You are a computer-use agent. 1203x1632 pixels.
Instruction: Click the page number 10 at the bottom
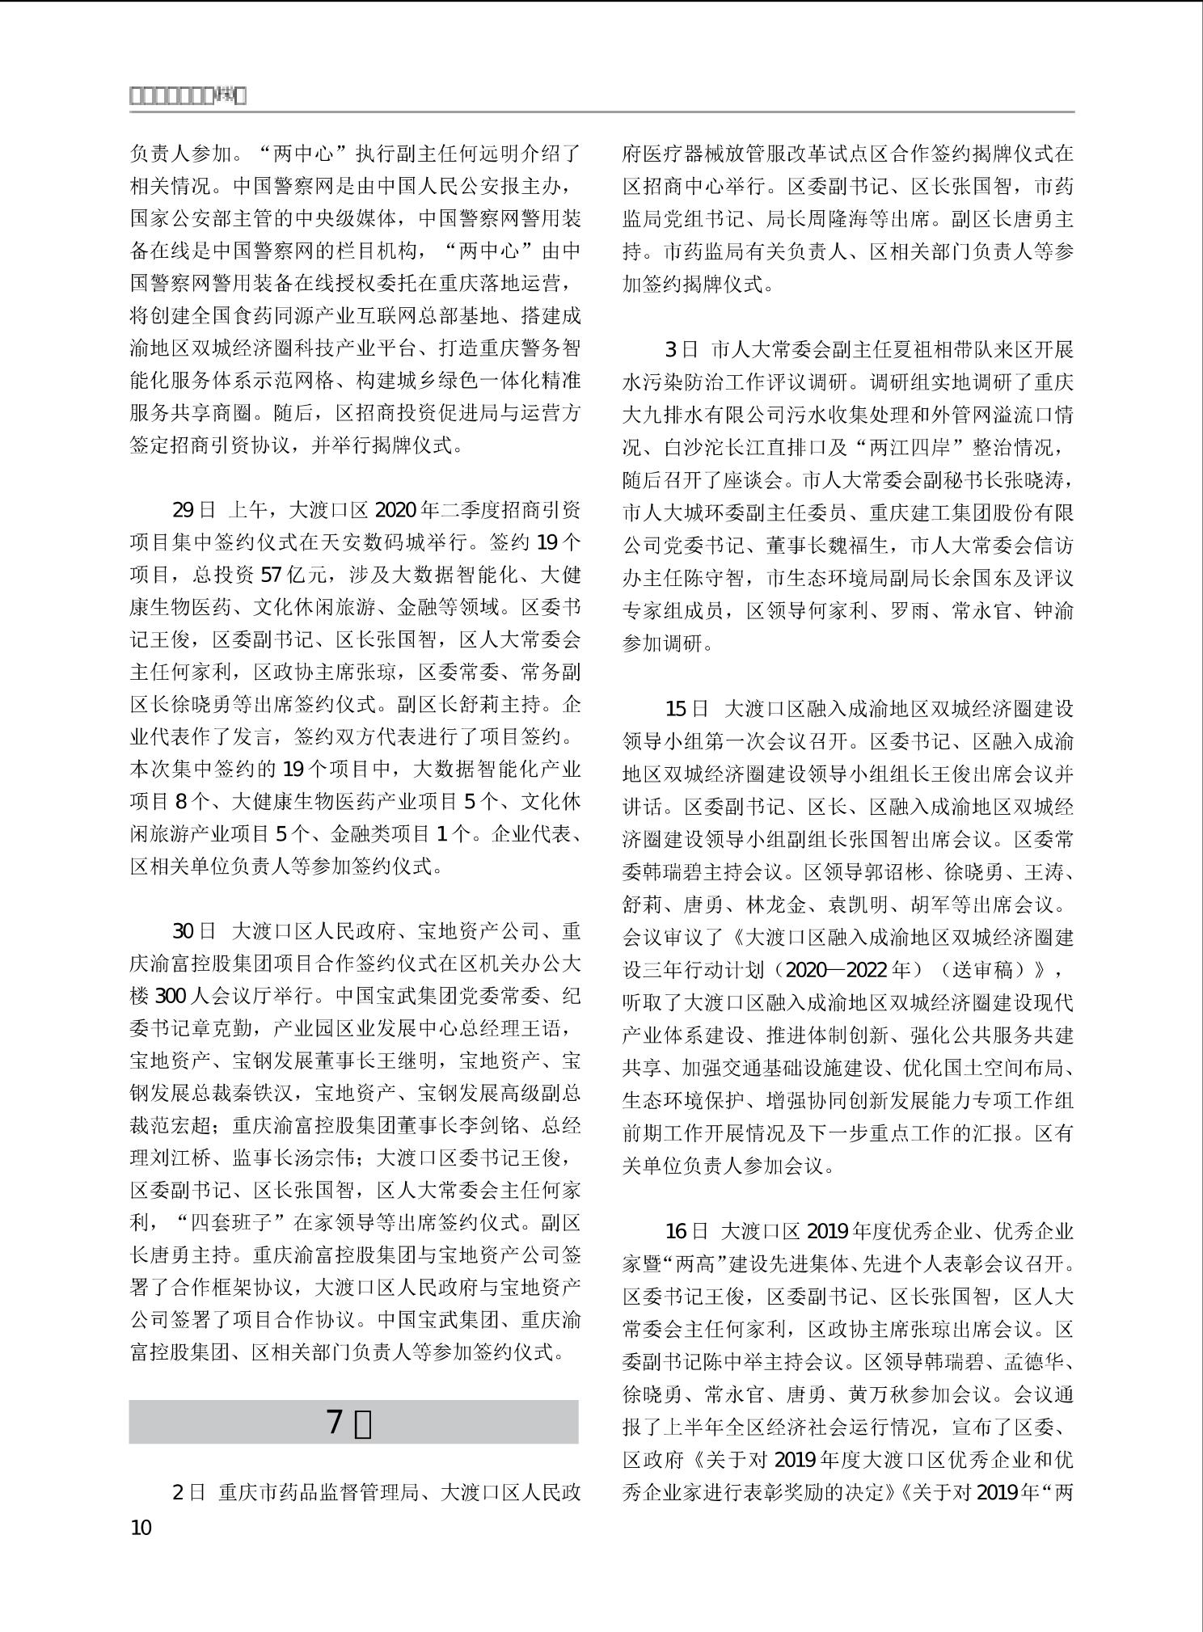coord(141,1527)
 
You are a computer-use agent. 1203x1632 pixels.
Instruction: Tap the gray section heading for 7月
coord(353,1422)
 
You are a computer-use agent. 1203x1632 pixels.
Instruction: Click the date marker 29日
coord(194,509)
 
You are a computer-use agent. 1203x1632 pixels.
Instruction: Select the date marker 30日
coord(194,930)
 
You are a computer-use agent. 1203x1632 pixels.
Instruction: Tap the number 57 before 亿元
coord(272,575)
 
